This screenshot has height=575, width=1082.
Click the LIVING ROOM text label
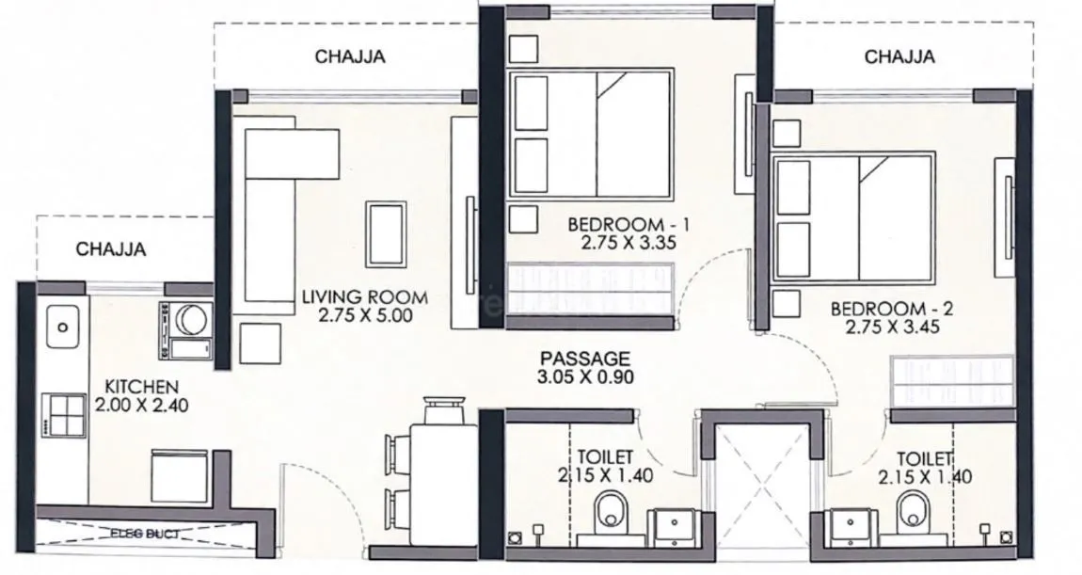click(x=364, y=297)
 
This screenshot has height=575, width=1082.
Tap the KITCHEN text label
click(x=141, y=386)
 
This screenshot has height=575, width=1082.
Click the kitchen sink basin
click(x=62, y=327)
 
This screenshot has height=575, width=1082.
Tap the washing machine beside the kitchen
click(x=186, y=329)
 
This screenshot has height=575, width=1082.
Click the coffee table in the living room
click(x=388, y=234)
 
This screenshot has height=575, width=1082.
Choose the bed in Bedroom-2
click(x=854, y=218)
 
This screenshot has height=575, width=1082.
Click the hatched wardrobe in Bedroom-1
click(x=591, y=289)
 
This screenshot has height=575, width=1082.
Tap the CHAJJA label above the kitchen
click(x=110, y=249)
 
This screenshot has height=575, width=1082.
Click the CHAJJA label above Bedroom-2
click(x=899, y=56)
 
